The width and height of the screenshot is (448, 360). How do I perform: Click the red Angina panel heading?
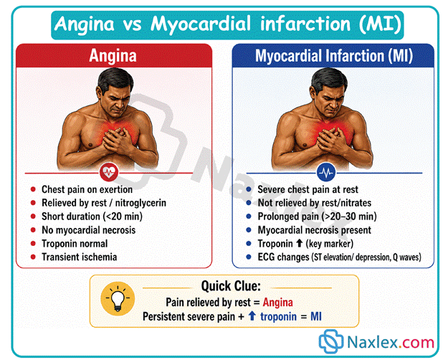[x=113, y=56]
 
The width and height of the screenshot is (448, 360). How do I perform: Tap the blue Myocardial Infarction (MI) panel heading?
[x=334, y=56]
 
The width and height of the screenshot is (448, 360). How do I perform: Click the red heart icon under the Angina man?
[x=109, y=172]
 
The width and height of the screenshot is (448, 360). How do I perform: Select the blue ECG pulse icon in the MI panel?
[x=326, y=172]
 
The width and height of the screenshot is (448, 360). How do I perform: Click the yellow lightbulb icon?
[x=118, y=299]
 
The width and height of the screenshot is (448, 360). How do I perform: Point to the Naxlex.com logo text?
[x=390, y=341]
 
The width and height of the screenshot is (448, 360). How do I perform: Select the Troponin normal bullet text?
[x=75, y=244]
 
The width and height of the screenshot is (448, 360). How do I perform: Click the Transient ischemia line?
[x=79, y=257]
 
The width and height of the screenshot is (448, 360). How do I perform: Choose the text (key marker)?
[x=330, y=244]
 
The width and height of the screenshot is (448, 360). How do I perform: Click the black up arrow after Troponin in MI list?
[x=299, y=243]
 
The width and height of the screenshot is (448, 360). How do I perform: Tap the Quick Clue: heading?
[x=231, y=286]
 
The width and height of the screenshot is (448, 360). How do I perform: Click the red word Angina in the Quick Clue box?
[x=277, y=302]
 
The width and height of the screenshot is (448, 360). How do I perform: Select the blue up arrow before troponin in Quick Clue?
[x=252, y=316]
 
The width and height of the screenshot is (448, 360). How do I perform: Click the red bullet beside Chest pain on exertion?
[x=33, y=189]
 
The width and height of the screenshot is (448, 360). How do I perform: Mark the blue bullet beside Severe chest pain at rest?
[x=249, y=189]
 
